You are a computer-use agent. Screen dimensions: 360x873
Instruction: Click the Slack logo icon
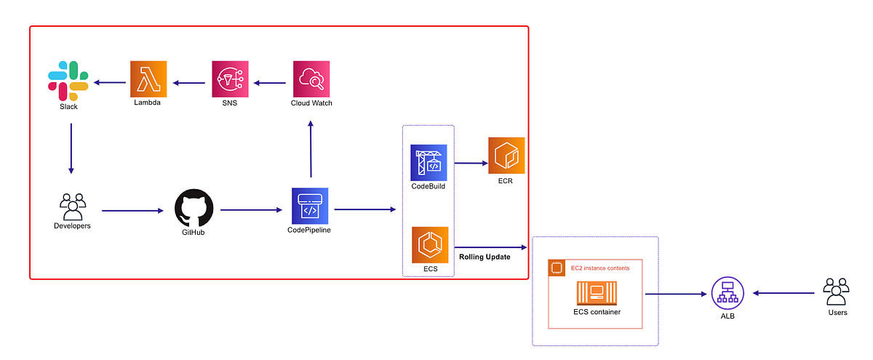[x=68, y=80]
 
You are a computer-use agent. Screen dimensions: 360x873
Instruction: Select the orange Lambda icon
[x=148, y=79]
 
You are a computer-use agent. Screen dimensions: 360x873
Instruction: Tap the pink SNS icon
[x=231, y=79]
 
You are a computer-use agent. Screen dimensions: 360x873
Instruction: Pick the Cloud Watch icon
[x=311, y=79]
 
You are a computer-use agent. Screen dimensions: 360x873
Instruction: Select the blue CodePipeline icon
[x=310, y=206]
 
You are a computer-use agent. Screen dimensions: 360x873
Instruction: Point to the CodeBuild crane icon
[x=428, y=162]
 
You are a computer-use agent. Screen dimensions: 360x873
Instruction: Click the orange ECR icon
[x=506, y=155]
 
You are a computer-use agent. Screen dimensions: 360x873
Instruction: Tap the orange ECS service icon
[x=429, y=244]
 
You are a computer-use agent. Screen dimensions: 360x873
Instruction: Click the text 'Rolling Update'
[x=485, y=257]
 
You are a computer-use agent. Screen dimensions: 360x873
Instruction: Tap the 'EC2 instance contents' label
[x=600, y=268]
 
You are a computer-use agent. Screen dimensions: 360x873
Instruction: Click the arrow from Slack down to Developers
[x=71, y=148]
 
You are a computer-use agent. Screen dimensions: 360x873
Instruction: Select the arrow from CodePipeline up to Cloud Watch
[x=311, y=149]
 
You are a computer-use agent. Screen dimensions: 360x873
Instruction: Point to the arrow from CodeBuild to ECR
[x=471, y=163]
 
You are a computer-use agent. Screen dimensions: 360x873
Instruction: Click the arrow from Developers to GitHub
[x=132, y=211]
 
